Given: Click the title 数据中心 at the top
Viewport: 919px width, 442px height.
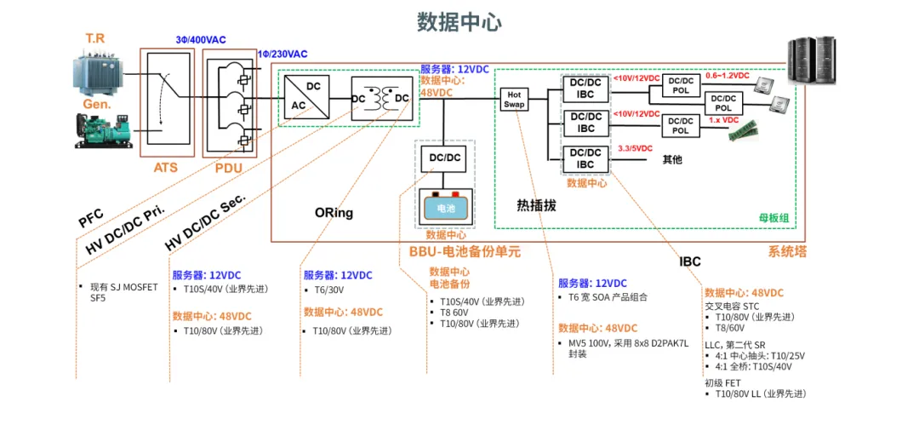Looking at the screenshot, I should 459,21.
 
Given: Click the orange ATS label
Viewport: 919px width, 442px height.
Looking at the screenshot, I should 165,168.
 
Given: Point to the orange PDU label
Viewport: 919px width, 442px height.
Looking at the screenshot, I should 229,168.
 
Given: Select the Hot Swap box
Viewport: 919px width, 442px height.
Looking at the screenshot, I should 514,99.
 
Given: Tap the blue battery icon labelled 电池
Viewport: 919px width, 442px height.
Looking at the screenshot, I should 446,207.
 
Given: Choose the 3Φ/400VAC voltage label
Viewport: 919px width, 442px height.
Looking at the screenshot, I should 201,40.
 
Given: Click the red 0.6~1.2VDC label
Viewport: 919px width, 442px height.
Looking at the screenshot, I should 728,76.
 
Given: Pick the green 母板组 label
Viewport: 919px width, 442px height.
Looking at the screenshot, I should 773,218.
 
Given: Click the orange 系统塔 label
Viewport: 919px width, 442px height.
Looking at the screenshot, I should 786,251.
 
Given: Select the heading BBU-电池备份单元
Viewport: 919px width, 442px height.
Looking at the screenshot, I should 465,252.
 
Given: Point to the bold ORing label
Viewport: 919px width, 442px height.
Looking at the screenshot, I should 334,212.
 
